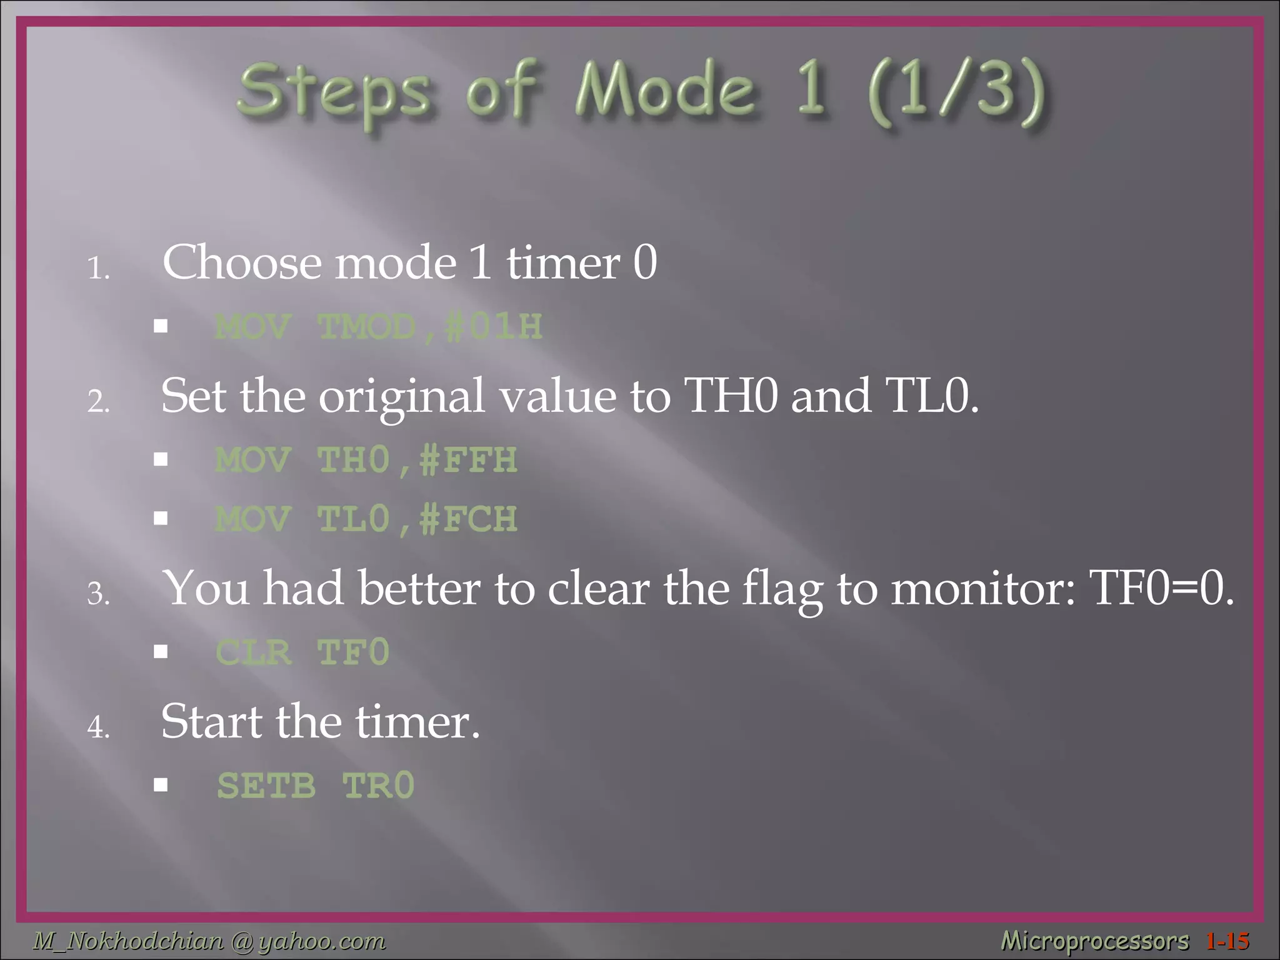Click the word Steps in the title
click(333, 92)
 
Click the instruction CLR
click(253, 652)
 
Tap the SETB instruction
click(266, 786)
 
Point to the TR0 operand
click(378, 786)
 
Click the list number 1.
click(98, 269)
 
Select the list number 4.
click(98, 727)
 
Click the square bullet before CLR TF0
click(161, 652)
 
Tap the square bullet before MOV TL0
click(161, 518)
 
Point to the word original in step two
click(402, 397)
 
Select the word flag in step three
click(781, 591)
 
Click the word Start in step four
click(211, 722)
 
